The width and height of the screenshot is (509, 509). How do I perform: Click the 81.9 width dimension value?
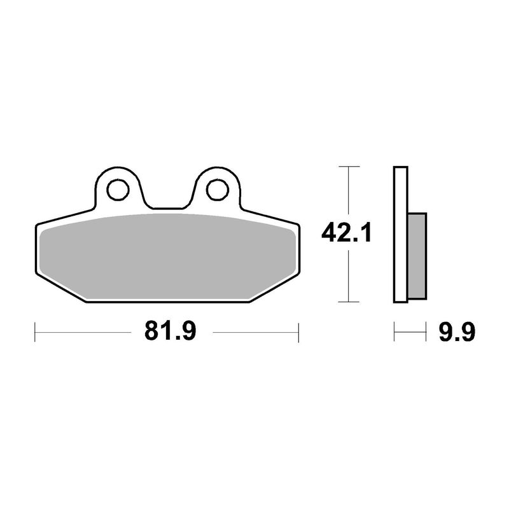170,331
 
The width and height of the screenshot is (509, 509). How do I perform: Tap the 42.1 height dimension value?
346,233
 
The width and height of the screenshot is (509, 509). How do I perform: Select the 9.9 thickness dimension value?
457,332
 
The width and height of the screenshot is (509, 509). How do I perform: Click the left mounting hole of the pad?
118,190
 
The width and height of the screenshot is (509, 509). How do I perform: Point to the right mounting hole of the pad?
218,190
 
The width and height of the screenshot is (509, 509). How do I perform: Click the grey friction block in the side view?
417,256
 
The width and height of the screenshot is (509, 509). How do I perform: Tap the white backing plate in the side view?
401,235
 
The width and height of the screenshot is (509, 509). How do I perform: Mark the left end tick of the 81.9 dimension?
35,332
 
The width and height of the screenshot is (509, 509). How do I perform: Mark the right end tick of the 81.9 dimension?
298,332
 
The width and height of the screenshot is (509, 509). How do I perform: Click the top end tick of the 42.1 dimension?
349,167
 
